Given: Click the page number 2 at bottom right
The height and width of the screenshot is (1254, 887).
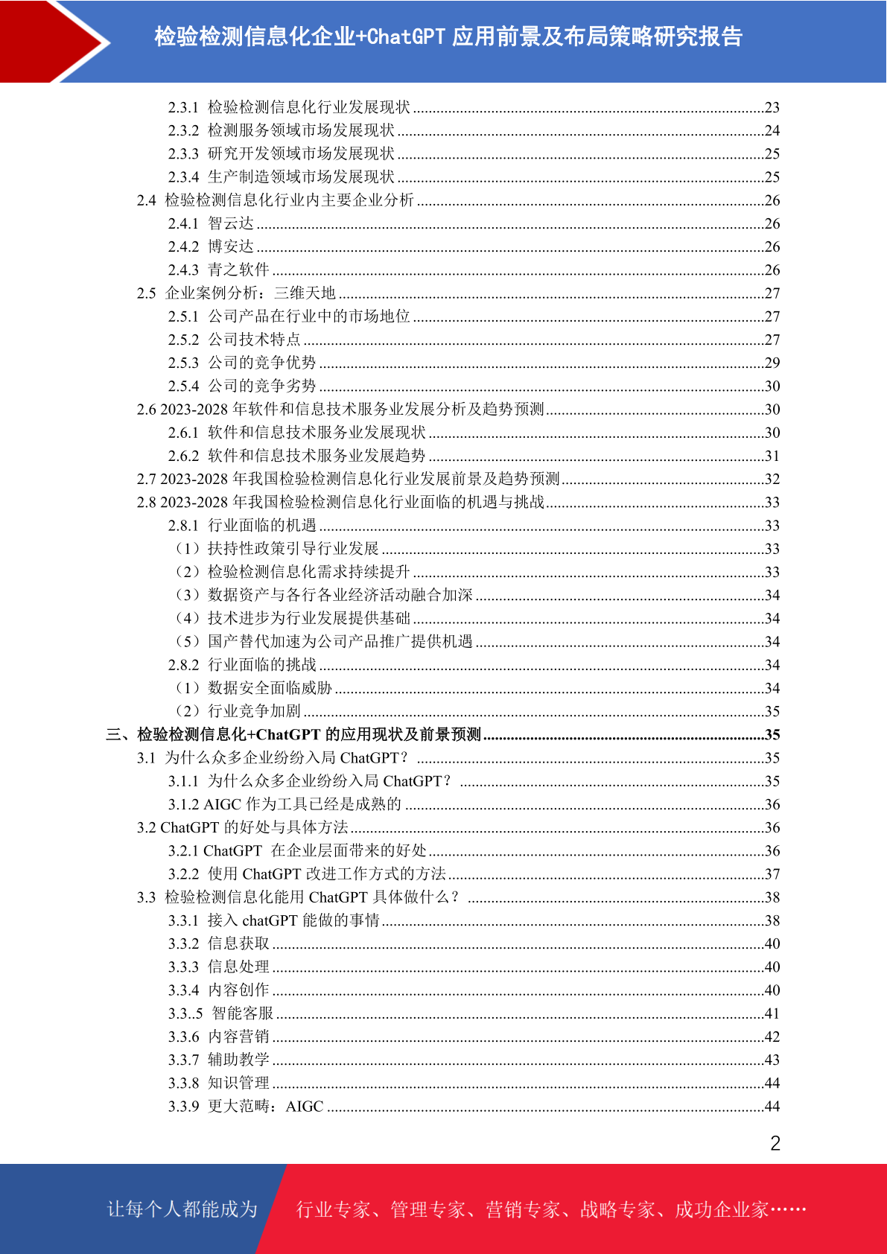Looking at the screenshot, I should [775, 1143].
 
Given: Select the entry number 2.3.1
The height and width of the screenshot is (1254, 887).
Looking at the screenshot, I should [183, 107].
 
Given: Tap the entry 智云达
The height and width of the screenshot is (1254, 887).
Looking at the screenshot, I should [231, 223].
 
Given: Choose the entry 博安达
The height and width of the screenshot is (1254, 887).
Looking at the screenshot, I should [231, 246].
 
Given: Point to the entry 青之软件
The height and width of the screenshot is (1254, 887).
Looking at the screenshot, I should [238, 270].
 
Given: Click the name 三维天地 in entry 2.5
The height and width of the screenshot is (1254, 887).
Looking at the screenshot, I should [305, 293].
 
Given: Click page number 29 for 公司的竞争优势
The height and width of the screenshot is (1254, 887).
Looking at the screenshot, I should [772, 363].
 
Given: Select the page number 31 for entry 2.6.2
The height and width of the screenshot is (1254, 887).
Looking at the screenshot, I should [772, 456].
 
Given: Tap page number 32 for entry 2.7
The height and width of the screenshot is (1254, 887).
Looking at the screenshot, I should [772, 479].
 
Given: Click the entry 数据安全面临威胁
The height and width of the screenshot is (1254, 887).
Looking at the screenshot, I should [270, 688].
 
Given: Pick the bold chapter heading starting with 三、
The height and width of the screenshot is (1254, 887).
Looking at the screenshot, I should [293, 735].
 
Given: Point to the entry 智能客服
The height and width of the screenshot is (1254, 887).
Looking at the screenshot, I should [243, 1013].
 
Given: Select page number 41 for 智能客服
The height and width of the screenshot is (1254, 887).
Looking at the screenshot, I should [772, 1013].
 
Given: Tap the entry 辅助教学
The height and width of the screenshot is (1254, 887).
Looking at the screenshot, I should [238, 1060].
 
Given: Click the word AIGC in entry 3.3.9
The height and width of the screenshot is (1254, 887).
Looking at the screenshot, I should [305, 1107].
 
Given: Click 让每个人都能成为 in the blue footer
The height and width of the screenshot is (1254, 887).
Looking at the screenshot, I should [182, 1209].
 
